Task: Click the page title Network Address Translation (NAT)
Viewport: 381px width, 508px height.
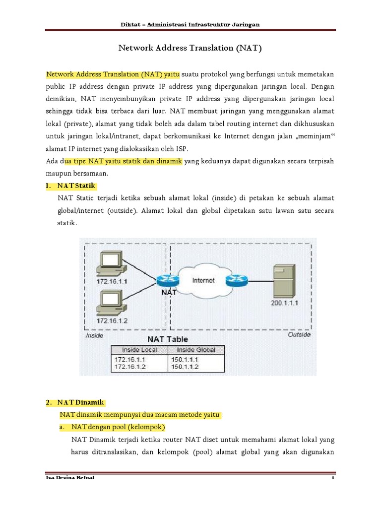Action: (190, 48)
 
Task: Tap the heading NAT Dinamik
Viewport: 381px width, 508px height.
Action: (80, 401)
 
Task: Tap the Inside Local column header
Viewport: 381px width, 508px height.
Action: (136, 350)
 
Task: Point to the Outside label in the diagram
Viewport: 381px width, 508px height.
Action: (299, 335)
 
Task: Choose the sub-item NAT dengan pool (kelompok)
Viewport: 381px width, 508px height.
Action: (118, 427)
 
